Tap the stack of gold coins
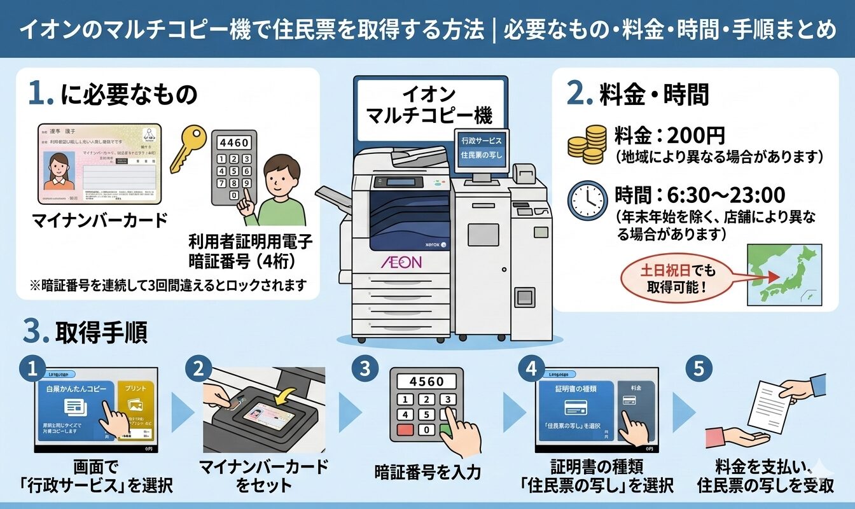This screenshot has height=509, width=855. point(586,144)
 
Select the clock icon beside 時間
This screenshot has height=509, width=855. point(586,200)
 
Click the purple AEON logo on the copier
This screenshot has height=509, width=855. point(401,262)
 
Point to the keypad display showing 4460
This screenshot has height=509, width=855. point(233,143)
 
